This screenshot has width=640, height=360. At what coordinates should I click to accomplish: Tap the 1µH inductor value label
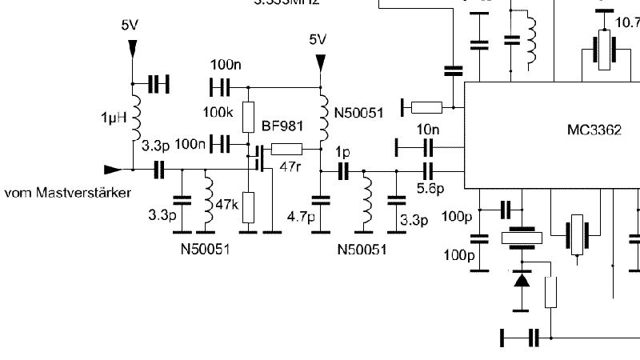pyautogui.click(x=114, y=118)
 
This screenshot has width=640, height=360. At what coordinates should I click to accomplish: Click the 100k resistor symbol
pyautogui.click(x=248, y=113)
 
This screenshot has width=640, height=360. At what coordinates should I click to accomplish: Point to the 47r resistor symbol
pyautogui.click(x=287, y=148)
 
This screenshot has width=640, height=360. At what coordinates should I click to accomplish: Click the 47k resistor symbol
pyautogui.click(x=248, y=206)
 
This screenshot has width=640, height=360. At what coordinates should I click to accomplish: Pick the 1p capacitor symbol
pyautogui.click(x=343, y=170)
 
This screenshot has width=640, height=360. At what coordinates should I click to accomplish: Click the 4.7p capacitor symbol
pyautogui.click(x=320, y=200)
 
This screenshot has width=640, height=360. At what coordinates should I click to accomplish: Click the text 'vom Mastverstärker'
pyautogui.click(x=68, y=192)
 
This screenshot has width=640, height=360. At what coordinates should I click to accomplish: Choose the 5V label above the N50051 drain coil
pyautogui.click(x=318, y=39)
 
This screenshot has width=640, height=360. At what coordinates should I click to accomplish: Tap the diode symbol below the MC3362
pyautogui.click(x=522, y=280)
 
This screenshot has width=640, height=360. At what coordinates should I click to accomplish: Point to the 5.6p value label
pyautogui.click(x=430, y=188)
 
